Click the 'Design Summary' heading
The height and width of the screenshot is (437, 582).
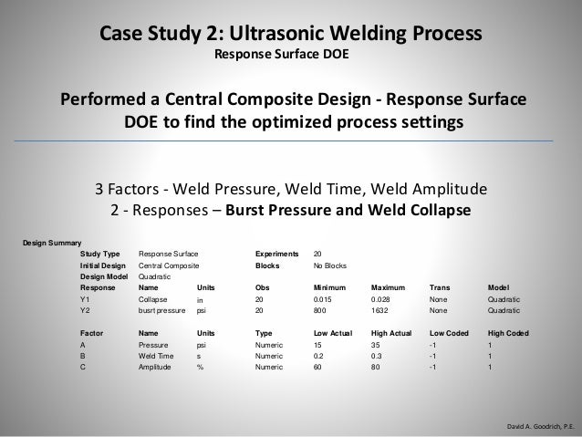point(51,241)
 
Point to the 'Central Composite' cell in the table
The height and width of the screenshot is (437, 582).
point(169,264)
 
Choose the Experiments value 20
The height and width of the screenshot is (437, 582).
point(317,253)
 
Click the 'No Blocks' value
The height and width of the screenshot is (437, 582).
point(330,264)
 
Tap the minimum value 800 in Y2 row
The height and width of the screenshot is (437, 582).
point(320,309)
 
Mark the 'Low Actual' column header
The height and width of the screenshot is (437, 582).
point(332,334)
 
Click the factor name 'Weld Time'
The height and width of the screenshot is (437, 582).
point(157,357)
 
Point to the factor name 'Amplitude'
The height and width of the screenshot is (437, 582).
point(156,368)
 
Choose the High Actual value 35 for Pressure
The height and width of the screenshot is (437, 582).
point(377,346)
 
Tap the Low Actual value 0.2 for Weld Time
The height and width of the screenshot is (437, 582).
point(318,357)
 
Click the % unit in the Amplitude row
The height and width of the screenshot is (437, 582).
point(200,368)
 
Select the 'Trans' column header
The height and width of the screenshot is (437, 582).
point(439,286)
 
